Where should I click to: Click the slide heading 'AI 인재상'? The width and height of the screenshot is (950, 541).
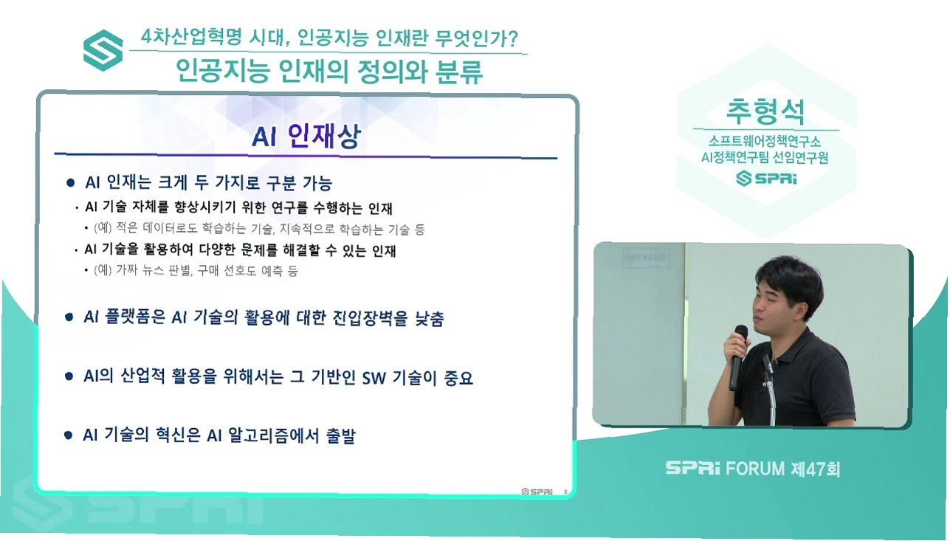(306, 136)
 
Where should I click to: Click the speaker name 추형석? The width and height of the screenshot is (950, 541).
(765, 111)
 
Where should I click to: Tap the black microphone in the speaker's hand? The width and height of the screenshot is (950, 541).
(738, 357)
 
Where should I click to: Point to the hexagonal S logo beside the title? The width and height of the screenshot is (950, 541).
(103, 50)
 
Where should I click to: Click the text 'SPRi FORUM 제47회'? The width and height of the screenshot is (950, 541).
(752, 469)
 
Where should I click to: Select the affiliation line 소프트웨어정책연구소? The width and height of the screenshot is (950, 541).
(765, 141)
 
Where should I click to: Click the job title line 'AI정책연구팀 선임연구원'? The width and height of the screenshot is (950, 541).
(765, 158)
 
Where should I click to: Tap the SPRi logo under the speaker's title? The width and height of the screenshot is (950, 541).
(766, 178)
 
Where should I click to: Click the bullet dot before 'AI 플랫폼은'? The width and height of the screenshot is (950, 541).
(69, 317)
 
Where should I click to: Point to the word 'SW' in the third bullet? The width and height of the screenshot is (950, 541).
(374, 378)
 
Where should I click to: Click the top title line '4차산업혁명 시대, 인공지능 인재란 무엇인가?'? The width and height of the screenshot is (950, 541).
(329, 38)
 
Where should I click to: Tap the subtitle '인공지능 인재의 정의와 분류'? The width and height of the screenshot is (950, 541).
(329, 72)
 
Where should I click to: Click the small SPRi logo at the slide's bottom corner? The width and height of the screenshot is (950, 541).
(537, 492)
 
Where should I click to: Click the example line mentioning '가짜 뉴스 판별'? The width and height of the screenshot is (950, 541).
(196, 270)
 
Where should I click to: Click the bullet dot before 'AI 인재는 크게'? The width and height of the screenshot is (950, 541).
(70, 183)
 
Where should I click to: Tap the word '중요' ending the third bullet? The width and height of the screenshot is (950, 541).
(458, 378)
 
